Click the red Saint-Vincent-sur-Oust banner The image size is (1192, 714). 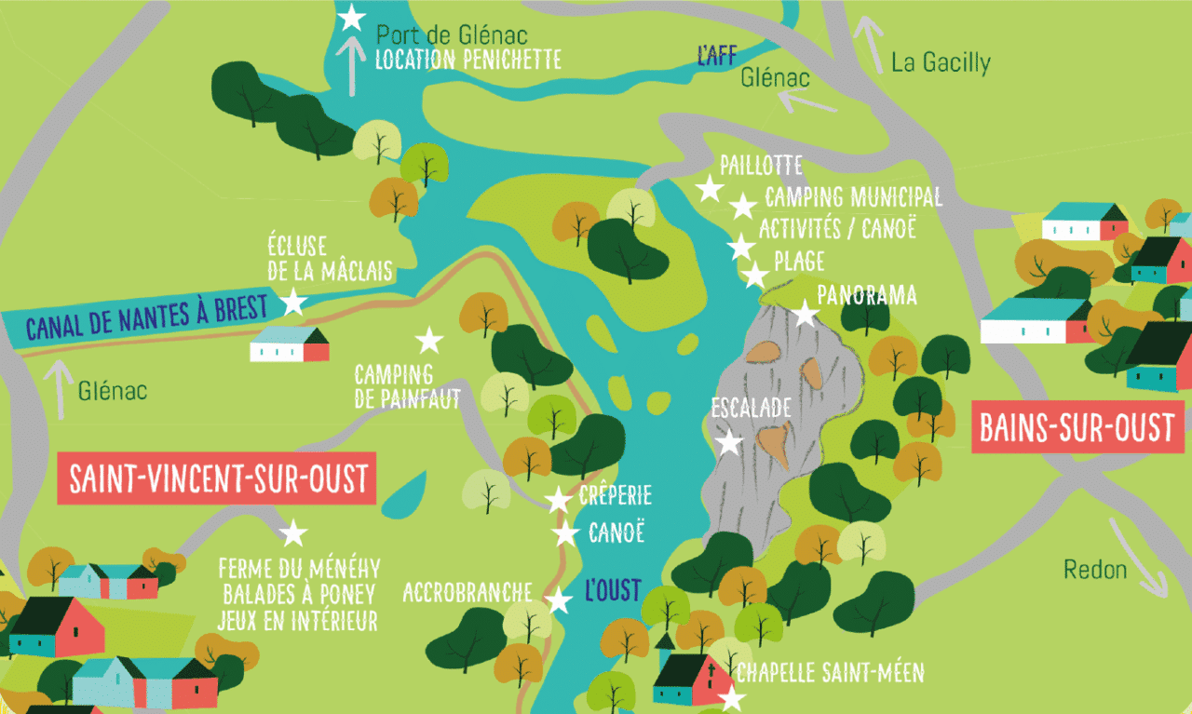pos(216,479)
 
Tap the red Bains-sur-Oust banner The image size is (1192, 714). pos(1077,428)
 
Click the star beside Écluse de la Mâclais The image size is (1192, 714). pos(293,302)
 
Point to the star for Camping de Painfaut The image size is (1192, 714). pos(428,341)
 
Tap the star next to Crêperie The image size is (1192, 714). pos(559,500)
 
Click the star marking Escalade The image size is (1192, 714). pos(729,443)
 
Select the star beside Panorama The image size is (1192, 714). pos(805,313)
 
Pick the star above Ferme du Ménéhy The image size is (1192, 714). pos(293,532)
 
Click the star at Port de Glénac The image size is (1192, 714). pos(351,17)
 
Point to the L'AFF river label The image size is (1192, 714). pos(716,54)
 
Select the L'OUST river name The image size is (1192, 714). pos(613,589)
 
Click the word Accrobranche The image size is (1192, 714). pos(467,592)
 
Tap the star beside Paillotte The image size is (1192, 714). pos(710,190)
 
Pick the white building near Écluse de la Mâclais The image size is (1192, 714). pos(289,344)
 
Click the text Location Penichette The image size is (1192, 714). pos(467,61)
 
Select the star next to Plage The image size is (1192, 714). pos(755,276)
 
